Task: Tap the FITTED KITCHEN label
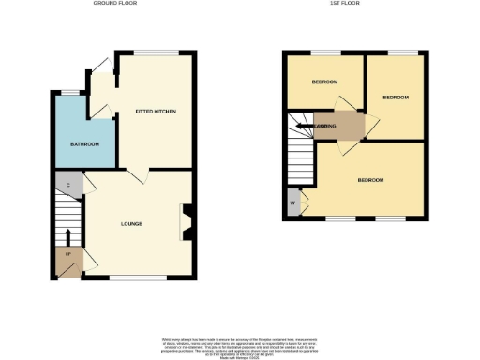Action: (x=156, y=112)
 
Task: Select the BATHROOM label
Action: (x=85, y=144)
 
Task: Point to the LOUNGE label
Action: (x=130, y=223)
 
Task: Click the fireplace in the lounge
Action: (x=187, y=223)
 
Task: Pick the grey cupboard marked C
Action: (x=68, y=186)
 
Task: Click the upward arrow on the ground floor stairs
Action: (x=68, y=234)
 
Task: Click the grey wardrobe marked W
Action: (x=294, y=203)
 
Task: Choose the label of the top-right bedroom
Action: (x=396, y=97)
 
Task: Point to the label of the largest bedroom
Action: (x=370, y=180)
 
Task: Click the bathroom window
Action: (x=70, y=91)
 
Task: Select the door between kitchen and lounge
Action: (x=137, y=174)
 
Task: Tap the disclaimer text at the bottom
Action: (x=240, y=343)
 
